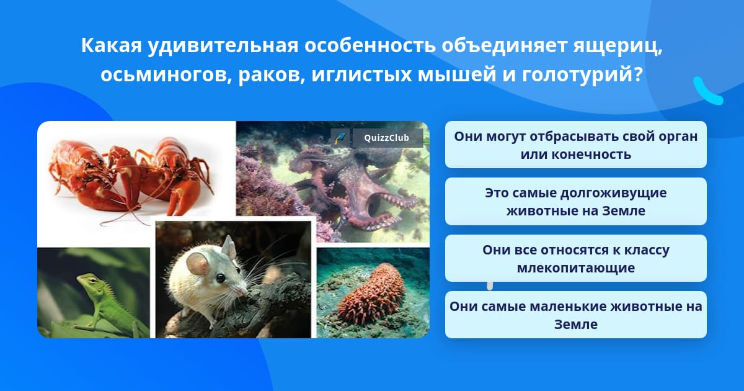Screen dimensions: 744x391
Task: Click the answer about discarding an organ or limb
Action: point(575,145)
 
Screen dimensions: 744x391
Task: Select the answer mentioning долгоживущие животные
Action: point(575,202)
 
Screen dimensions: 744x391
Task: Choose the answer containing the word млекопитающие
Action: point(575,258)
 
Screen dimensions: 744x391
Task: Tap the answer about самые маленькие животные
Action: point(575,315)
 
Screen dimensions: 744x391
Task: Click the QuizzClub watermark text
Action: point(386,138)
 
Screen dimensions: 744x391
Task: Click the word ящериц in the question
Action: point(617,46)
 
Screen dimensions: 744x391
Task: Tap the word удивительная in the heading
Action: point(223,45)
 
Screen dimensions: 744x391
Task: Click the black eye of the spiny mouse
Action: point(221,278)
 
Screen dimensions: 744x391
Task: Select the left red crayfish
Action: point(90,176)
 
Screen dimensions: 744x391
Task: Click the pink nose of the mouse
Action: point(245,292)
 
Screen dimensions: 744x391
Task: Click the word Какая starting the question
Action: point(112,45)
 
